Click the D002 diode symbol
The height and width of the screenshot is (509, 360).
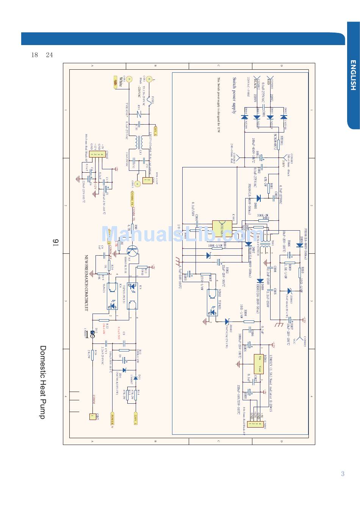click(283, 117)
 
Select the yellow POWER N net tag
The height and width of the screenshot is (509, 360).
click(112, 419)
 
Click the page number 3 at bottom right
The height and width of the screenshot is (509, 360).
click(343, 473)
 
